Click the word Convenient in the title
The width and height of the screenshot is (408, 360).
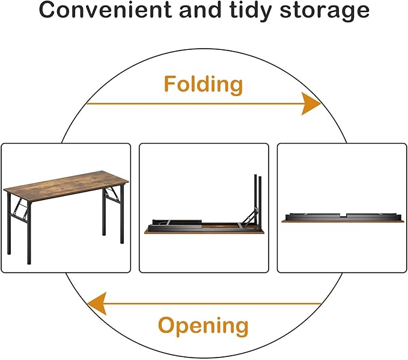click(x=105, y=10)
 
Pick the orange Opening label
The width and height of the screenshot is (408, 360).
click(x=203, y=326)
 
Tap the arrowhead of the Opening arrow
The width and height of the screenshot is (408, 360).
click(x=97, y=304)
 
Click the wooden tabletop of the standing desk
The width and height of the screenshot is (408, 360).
click(x=66, y=186)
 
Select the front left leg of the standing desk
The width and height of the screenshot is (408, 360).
click(x=29, y=233)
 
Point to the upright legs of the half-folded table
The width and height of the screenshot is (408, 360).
click(x=258, y=200)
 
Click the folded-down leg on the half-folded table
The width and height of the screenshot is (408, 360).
click(x=177, y=222)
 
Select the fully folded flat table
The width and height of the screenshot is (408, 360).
click(x=343, y=218)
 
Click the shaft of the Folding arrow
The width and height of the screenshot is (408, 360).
click(x=194, y=103)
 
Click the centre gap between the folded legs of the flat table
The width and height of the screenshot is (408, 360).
click(x=343, y=215)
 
